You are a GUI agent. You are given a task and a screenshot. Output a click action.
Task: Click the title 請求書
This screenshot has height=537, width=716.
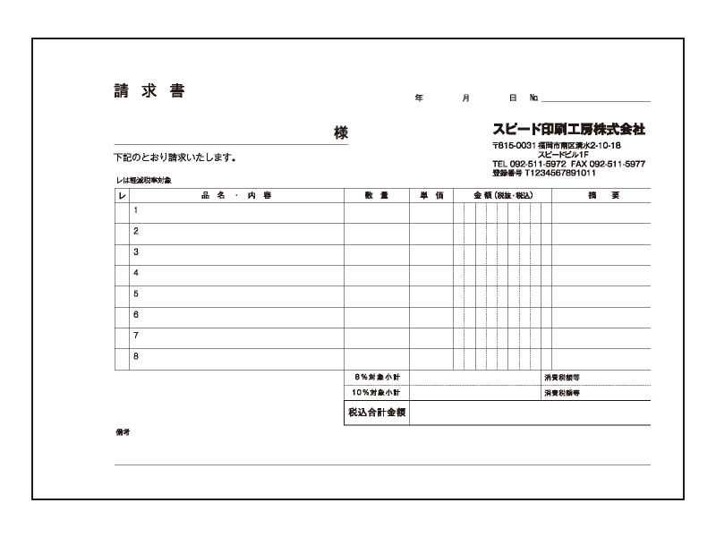point(149,91)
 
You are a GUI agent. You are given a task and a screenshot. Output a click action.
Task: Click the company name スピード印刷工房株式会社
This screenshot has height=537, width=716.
point(568,129)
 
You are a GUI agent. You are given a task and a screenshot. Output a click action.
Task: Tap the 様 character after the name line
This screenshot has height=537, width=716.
point(341,132)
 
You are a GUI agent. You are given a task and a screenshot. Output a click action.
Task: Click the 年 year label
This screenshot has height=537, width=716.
point(419,97)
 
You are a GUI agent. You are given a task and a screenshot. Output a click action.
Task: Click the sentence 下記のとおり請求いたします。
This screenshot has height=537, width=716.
point(175,158)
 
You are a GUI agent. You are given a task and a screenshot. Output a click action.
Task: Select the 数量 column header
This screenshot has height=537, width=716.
point(377,195)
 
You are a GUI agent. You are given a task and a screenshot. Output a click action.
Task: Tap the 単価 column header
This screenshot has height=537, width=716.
point(431,195)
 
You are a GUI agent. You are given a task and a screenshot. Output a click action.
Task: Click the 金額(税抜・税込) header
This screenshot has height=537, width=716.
point(502,195)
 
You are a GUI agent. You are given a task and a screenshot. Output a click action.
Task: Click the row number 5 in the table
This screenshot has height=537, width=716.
point(136,294)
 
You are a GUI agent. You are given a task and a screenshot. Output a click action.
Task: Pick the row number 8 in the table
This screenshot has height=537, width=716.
point(136,356)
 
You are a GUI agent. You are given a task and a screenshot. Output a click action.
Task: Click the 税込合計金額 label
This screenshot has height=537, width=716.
point(377,413)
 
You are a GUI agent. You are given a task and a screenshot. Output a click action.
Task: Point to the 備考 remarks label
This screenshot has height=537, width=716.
point(124,432)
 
